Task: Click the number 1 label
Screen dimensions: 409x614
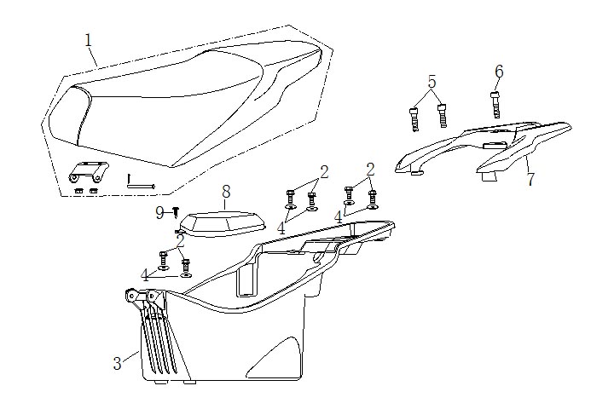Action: click(x=89, y=40)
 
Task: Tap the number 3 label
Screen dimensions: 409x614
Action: click(x=118, y=363)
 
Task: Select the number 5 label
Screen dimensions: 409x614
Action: click(x=432, y=82)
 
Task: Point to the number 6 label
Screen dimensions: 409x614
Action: click(x=499, y=71)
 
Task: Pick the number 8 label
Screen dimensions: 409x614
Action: click(x=226, y=191)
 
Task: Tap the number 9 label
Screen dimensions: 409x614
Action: click(x=159, y=212)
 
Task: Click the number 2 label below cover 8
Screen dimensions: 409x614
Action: click(x=180, y=241)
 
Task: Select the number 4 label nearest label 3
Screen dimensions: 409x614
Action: click(x=145, y=274)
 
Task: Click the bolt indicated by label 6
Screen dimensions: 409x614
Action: click(x=495, y=104)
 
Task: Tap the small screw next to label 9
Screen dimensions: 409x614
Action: click(x=175, y=210)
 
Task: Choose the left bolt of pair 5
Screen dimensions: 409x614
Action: click(x=415, y=117)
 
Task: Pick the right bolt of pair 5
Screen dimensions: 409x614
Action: click(x=442, y=114)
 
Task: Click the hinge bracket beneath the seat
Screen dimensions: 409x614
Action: click(x=88, y=174)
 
